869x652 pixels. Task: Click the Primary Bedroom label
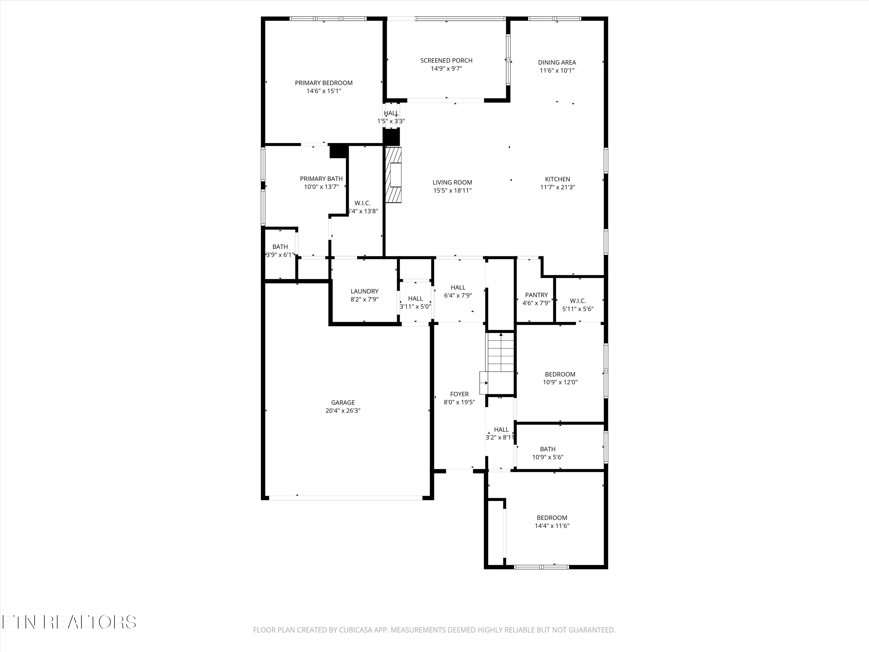pyautogui.click(x=324, y=83)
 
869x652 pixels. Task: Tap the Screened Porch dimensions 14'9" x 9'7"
pyautogui.click(x=446, y=69)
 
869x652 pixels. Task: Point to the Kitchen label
pyautogui.click(x=558, y=179)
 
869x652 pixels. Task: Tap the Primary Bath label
pyautogui.click(x=321, y=179)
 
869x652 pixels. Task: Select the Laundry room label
pyautogui.click(x=364, y=291)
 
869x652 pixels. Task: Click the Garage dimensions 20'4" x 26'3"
pyautogui.click(x=343, y=411)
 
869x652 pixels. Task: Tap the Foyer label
pyautogui.click(x=459, y=394)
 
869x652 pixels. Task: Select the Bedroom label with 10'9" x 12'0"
pyautogui.click(x=560, y=374)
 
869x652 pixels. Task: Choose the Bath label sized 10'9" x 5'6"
pyautogui.click(x=548, y=449)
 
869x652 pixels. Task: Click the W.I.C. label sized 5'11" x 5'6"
pyautogui.click(x=578, y=301)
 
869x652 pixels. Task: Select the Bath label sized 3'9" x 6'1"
pyautogui.click(x=280, y=247)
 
